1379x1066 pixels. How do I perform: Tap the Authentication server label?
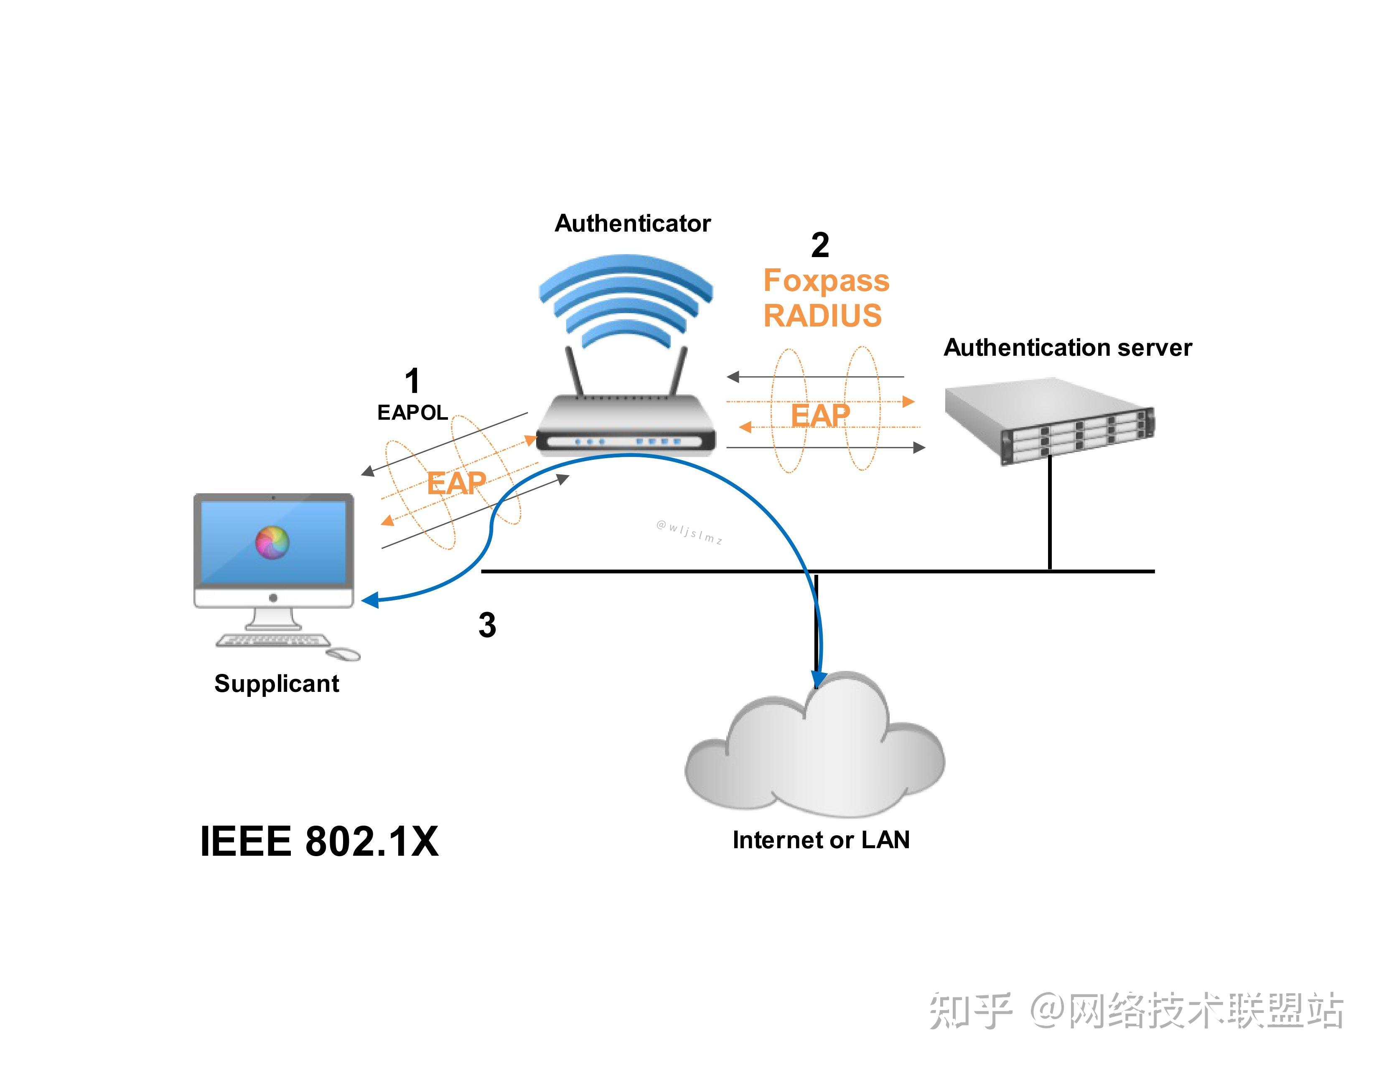(x=1067, y=348)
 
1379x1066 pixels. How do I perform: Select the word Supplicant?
(x=277, y=684)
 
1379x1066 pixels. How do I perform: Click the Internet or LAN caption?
(x=821, y=840)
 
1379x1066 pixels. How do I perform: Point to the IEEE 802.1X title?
(x=319, y=842)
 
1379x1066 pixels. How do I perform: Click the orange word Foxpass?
(x=826, y=281)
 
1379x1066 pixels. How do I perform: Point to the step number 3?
(x=487, y=625)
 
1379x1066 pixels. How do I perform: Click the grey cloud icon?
(x=814, y=752)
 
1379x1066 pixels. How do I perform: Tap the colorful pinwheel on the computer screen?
(x=272, y=542)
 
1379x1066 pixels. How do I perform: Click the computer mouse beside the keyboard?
(x=344, y=654)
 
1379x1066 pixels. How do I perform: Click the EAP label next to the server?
(x=820, y=416)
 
